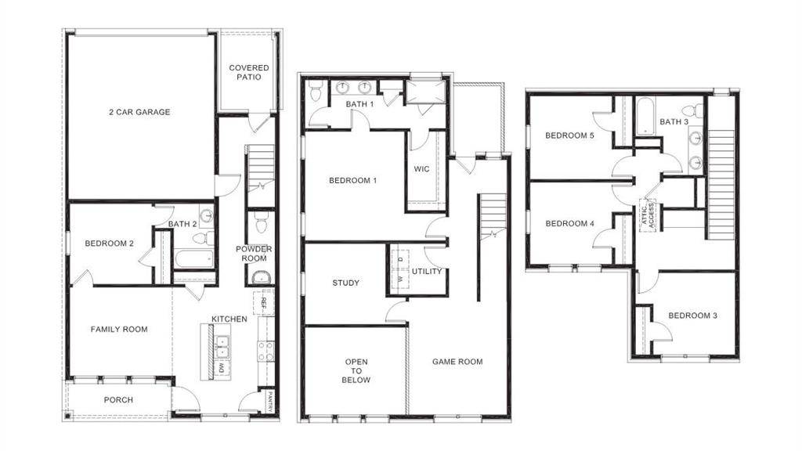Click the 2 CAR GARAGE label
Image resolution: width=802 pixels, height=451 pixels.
point(139,112)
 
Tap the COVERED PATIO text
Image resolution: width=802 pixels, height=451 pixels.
point(249,73)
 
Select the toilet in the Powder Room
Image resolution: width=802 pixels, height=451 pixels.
point(262,225)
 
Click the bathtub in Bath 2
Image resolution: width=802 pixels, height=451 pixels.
point(191,259)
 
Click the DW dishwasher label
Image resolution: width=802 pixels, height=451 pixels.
point(222,368)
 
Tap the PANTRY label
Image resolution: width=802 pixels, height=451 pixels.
point(270,399)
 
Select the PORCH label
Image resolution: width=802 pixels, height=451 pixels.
point(118,400)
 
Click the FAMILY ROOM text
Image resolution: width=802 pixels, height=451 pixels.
point(119,330)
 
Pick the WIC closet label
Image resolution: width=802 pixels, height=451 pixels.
point(421,168)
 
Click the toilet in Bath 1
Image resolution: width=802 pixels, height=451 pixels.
point(316,92)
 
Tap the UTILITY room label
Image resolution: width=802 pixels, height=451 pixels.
point(428,272)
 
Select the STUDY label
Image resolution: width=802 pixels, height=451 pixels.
point(345,283)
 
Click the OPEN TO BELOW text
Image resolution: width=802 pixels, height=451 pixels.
point(356,371)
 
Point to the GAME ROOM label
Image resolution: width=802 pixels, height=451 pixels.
point(457,362)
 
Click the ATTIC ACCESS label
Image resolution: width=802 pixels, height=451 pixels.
point(647,213)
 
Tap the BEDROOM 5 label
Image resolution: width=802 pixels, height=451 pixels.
point(569,135)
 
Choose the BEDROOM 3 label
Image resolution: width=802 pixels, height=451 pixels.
point(692,316)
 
